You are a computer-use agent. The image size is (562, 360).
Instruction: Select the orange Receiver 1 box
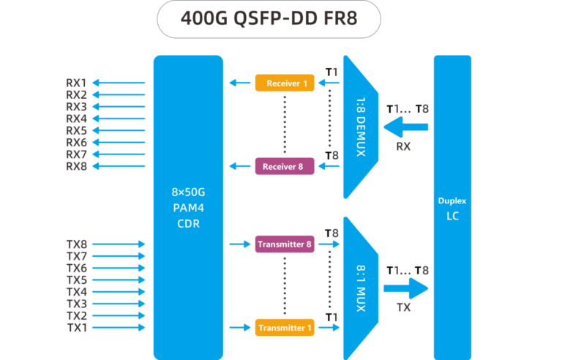[285, 83]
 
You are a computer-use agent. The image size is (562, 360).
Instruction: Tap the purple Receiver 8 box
[285, 166]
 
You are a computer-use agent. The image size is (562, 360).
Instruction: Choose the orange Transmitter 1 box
[285, 328]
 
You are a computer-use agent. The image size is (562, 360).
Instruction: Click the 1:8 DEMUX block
[359, 126]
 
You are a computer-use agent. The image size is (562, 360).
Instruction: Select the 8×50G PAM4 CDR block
[187, 208]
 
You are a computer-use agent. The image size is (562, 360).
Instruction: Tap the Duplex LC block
[452, 208]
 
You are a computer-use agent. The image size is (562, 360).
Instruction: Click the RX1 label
[76, 83]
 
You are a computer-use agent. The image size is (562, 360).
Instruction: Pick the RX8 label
[76, 166]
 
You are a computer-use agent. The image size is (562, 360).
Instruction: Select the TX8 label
[76, 244]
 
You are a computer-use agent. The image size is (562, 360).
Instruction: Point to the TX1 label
[76, 328]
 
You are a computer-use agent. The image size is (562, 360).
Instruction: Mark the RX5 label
[76, 130]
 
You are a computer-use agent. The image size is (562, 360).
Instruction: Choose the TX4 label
[76, 292]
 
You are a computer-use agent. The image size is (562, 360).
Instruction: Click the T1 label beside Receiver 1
[331, 72]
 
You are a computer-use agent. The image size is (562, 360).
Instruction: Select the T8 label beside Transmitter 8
[331, 233]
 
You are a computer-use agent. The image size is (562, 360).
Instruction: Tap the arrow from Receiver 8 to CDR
[239, 166]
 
